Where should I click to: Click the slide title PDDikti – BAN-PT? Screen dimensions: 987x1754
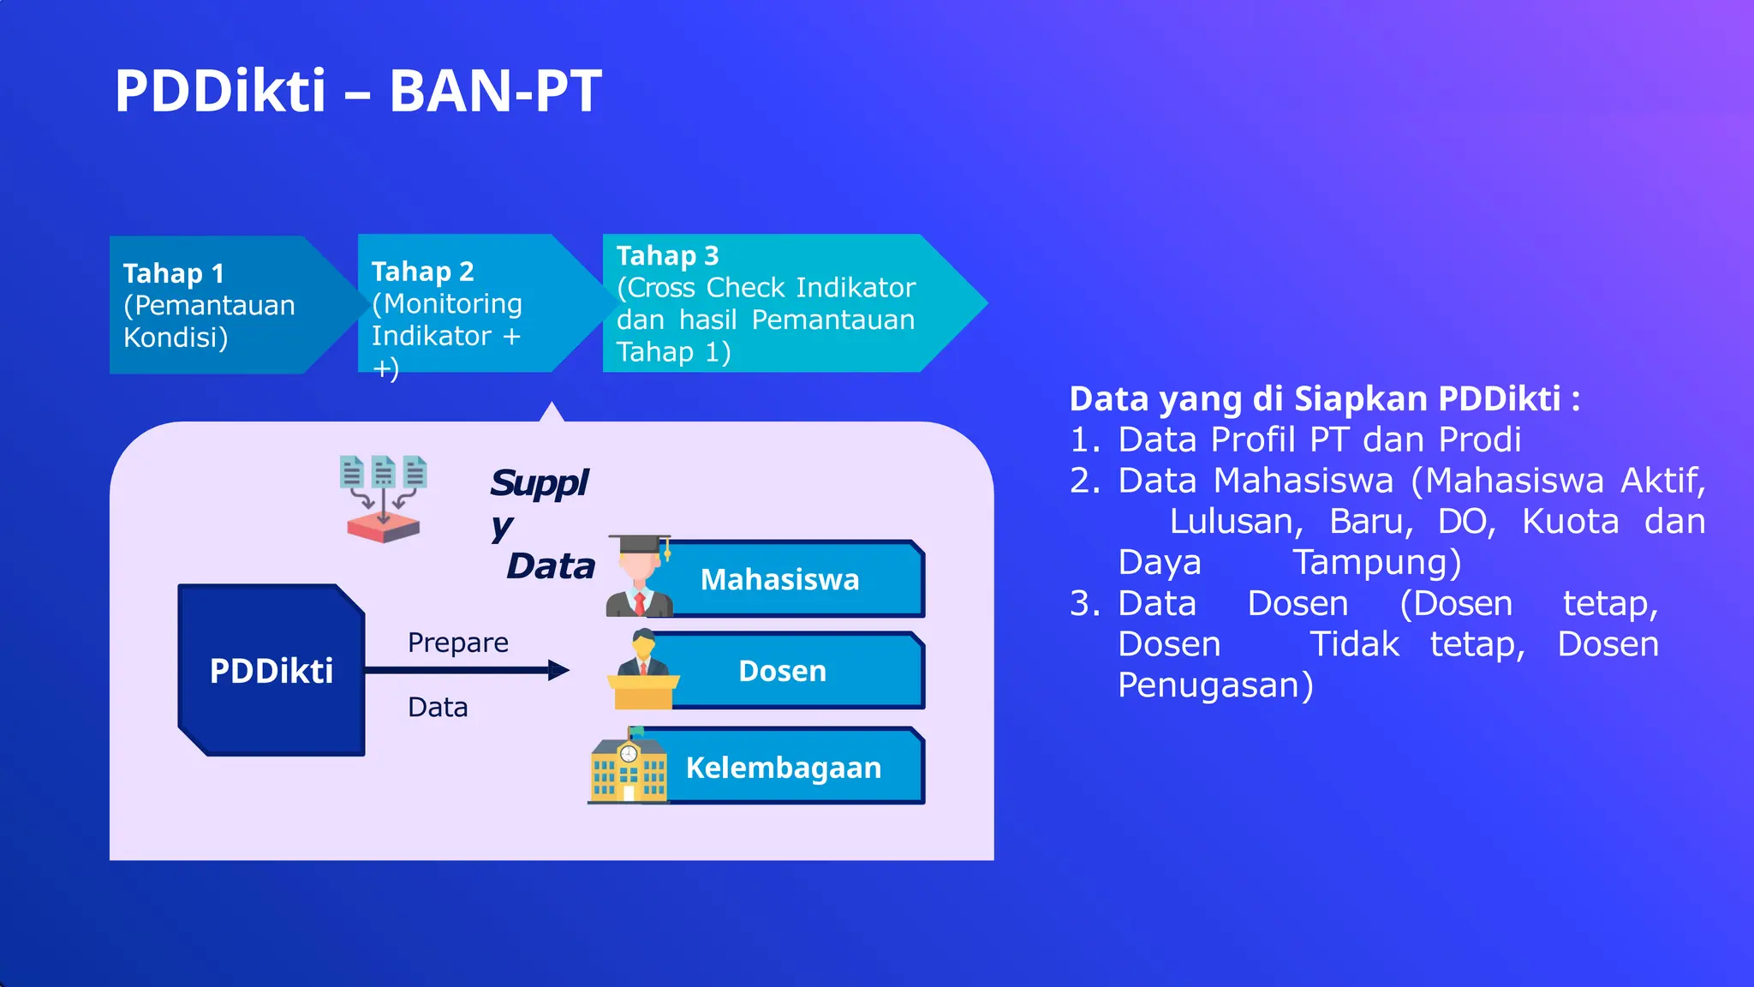coord(358,91)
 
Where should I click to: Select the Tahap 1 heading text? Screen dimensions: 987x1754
coord(173,273)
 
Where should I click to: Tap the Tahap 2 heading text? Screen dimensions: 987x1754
coord(422,272)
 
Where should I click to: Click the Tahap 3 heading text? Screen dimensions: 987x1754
coord(667,255)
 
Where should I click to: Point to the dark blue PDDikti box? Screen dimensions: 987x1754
coord(271,671)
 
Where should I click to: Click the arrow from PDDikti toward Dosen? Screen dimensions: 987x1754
coord(467,670)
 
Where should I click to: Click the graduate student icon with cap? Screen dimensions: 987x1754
coord(639,576)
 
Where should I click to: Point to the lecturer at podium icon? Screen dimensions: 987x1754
coord(642,669)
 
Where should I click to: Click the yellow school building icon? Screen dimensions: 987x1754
coord(629,766)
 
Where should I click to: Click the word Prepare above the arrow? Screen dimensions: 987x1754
coord(457,643)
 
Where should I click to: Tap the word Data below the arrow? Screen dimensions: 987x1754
coord(438,708)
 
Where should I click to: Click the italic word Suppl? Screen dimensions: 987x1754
coord(539,483)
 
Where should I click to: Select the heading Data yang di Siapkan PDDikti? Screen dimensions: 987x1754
coord(1324,399)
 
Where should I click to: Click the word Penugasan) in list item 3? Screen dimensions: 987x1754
coord(1214,685)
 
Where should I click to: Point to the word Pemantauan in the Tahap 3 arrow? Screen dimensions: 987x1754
coord(832,320)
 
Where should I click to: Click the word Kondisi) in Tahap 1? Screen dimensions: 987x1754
coord(176,338)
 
